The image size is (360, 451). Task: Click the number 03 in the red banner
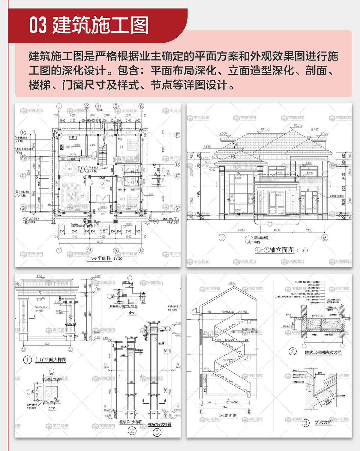38,25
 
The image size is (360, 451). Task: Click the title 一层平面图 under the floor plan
99,258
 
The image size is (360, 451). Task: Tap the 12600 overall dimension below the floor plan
100,242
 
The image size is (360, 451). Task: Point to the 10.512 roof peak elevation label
298,125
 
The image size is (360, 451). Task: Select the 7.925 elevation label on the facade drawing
207,146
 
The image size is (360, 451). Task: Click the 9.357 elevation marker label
315,130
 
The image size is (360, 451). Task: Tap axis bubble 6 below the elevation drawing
325,237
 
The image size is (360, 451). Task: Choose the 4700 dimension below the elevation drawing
241,230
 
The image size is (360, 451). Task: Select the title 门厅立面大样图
51,360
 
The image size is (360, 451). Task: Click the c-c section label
52,408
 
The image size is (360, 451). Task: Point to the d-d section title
132,313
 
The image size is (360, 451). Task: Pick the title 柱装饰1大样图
131,422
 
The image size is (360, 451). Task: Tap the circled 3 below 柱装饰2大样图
157,432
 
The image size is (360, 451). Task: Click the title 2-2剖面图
227,416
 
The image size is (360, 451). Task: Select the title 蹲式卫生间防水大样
323,352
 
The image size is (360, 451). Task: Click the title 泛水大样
323,422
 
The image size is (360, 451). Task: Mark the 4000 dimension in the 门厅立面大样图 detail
47,344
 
